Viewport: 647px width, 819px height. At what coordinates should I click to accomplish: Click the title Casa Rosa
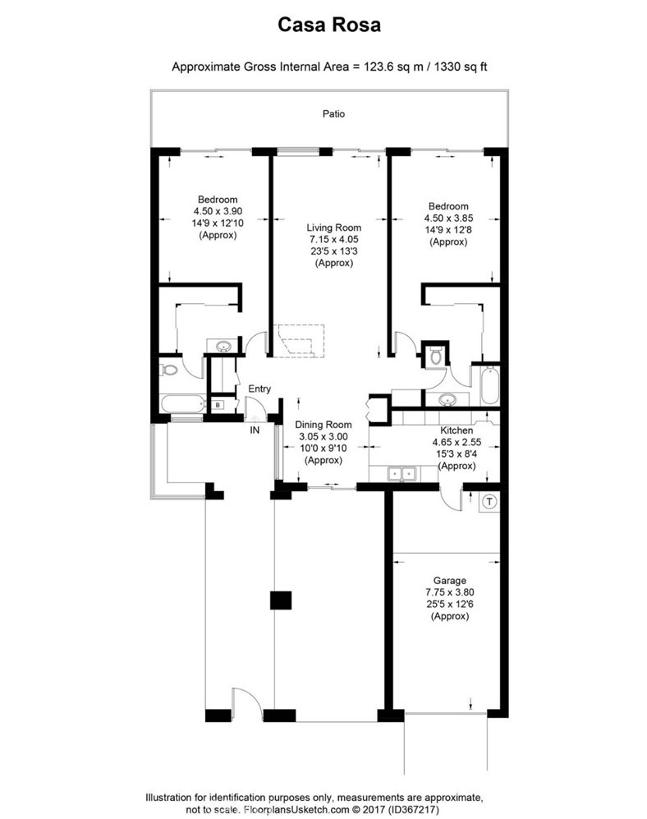tap(329, 25)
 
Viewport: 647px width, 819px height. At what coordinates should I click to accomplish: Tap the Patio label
tap(333, 114)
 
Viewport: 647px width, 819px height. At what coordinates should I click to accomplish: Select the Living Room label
tap(333, 228)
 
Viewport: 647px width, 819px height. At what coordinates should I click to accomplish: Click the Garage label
tap(450, 581)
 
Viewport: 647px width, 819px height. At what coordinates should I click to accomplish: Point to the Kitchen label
tap(457, 430)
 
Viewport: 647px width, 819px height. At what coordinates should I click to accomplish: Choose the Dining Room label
tap(323, 425)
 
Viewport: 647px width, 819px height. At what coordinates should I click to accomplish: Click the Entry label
tap(259, 389)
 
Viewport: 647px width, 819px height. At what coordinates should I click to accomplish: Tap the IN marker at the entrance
tap(255, 430)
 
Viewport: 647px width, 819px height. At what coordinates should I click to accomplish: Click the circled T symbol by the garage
tap(489, 502)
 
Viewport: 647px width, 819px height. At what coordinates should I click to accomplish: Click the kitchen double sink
tap(402, 473)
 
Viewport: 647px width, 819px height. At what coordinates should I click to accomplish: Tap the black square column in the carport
tap(281, 600)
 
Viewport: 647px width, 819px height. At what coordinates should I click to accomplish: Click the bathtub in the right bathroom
tap(490, 385)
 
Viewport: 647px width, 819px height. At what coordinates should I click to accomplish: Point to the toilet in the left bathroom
tap(168, 370)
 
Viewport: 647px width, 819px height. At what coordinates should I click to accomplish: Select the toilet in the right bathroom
tap(437, 356)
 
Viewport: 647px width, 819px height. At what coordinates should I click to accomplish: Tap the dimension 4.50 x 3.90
tap(218, 212)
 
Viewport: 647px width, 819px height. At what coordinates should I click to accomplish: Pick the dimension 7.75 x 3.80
tap(450, 592)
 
